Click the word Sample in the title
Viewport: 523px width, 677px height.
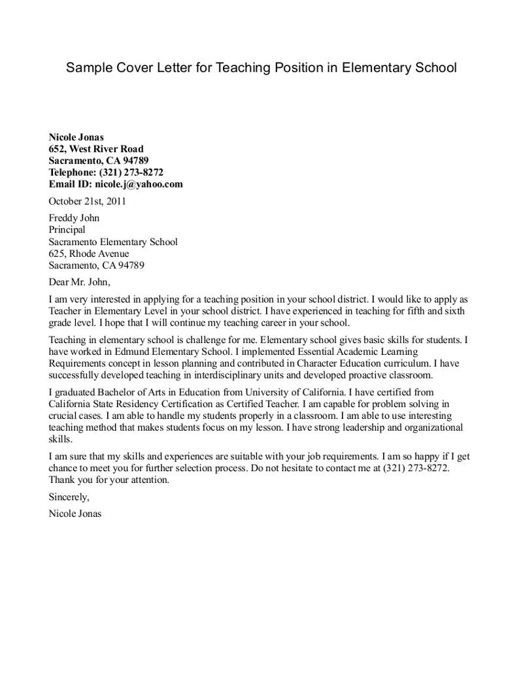[x=87, y=67]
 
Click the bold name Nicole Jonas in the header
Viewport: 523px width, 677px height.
[x=76, y=137]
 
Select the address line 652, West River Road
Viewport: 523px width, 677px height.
[x=95, y=149]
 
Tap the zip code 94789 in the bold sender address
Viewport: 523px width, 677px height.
[x=135, y=161]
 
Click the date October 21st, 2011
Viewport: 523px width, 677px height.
[x=87, y=201]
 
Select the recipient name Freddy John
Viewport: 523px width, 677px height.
[x=74, y=218]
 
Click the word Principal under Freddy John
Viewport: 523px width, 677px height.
[x=67, y=230]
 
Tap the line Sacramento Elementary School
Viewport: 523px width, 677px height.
[x=113, y=242]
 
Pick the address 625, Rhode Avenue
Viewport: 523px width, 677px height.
[x=89, y=254]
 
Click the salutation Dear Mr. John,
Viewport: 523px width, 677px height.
[x=80, y=282]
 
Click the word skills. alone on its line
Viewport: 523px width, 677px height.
[x=60, y=439]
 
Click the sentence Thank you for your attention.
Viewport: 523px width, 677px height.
[x=109, y=480]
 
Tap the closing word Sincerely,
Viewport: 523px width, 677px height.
[x=69, y=497]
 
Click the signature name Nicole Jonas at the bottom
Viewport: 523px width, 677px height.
[x=75, y=514]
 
